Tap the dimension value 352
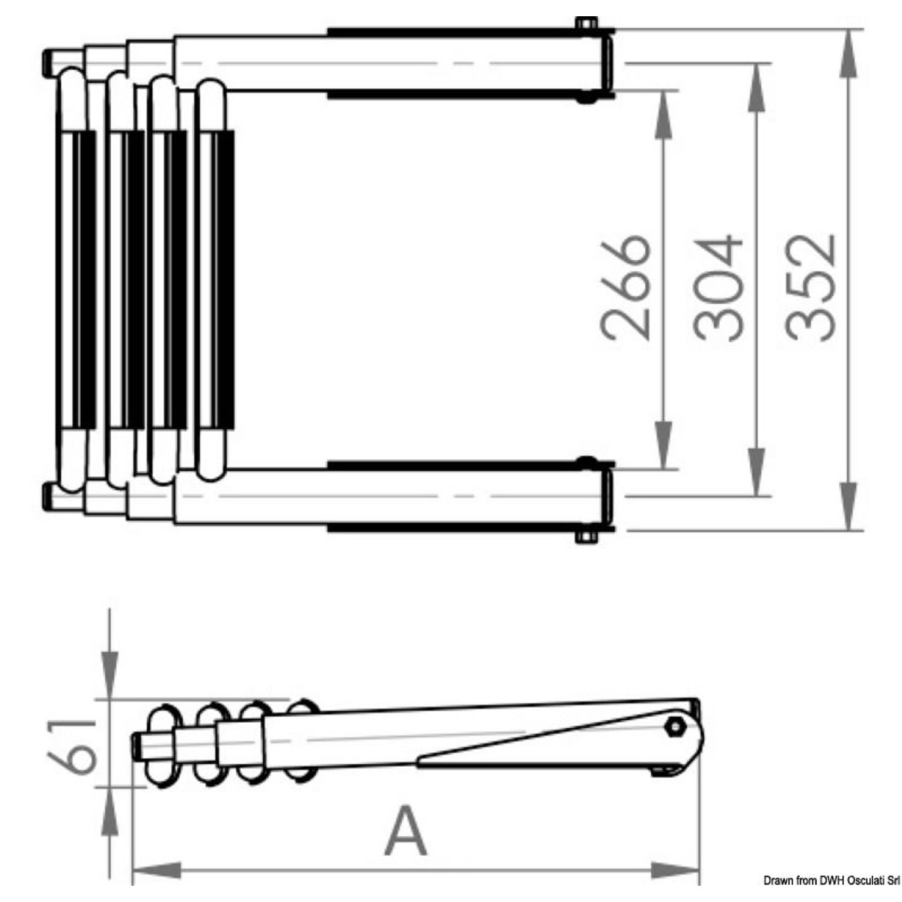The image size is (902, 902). pyautogui.click(x=811, y=288)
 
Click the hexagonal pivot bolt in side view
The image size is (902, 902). pyautogui.click(x=675, y=726)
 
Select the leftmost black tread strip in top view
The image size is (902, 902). pyautogui.click(x=85, y=280)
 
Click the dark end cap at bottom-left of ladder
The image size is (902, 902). pyautogui.click(x=48, y=495)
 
